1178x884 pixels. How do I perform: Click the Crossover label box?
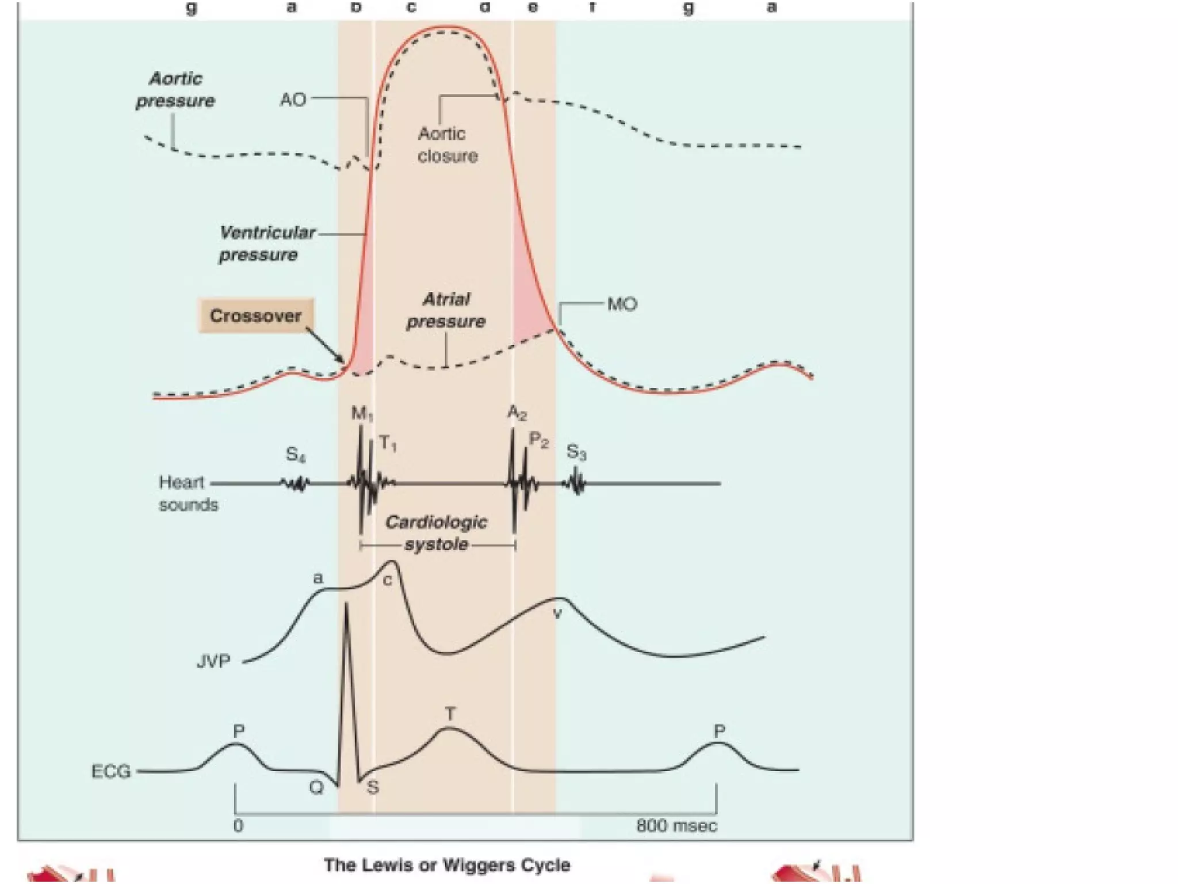click(256, 315)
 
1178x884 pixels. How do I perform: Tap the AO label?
click(293, 100)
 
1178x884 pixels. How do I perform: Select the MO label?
click(622, 304)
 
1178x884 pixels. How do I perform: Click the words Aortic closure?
click(447, 145)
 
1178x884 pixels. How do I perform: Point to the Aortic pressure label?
click(175, 90)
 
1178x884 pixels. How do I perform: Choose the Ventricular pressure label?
click(266, 243)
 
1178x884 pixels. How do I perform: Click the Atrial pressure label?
click(446, 310)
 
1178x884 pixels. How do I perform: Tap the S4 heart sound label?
click(296, 455)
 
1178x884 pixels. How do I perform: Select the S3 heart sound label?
click(576, 452)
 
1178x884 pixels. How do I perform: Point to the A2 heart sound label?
click(517, 412)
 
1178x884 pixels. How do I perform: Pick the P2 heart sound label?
click(538, 440)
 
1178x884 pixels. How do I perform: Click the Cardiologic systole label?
click(436, 533)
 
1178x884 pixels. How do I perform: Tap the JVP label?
click(213, 662)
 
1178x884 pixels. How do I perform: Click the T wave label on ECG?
click(450, 714)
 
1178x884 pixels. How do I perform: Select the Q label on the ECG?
click(316, 787)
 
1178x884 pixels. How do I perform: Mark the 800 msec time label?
click(676, 826)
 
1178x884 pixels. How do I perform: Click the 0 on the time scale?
click(238, 826)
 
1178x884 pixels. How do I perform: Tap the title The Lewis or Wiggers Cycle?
click(447, 864)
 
